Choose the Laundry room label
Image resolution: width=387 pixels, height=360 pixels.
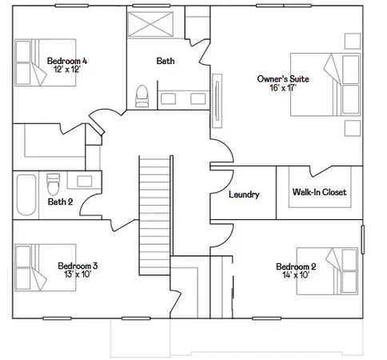coord(243,194)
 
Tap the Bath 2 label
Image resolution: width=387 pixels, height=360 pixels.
coord(60,202)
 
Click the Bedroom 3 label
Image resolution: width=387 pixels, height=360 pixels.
coord(78,266)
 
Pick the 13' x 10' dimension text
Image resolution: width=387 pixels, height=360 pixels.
coord(78,275)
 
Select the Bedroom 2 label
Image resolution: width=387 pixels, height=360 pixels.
coord(296,266)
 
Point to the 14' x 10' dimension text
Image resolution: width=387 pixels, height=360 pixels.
coord(296,276)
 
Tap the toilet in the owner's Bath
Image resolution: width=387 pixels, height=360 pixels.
coord(143,96)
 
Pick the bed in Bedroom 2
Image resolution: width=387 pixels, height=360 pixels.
coord(340,270)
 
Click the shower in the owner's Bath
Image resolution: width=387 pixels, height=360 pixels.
coord(154,23)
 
